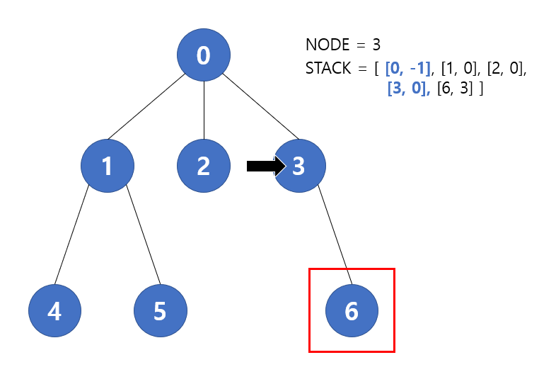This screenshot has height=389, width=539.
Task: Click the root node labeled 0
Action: [x=204, y=55]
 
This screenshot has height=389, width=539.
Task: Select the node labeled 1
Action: [x=108, y=166]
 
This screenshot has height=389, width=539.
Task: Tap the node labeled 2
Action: [x=204, y=166]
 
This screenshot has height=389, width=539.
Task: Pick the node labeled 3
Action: [x=299, y=166]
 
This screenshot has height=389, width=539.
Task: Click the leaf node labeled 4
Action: [x=54, y=311]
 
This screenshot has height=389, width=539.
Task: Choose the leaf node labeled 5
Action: [x=161, y=311]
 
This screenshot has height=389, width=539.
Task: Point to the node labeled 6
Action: [x=352, y=311]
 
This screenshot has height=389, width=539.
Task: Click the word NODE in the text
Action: [x=328, y=45]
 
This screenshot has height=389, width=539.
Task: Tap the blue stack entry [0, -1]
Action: [x=408, y=69]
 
